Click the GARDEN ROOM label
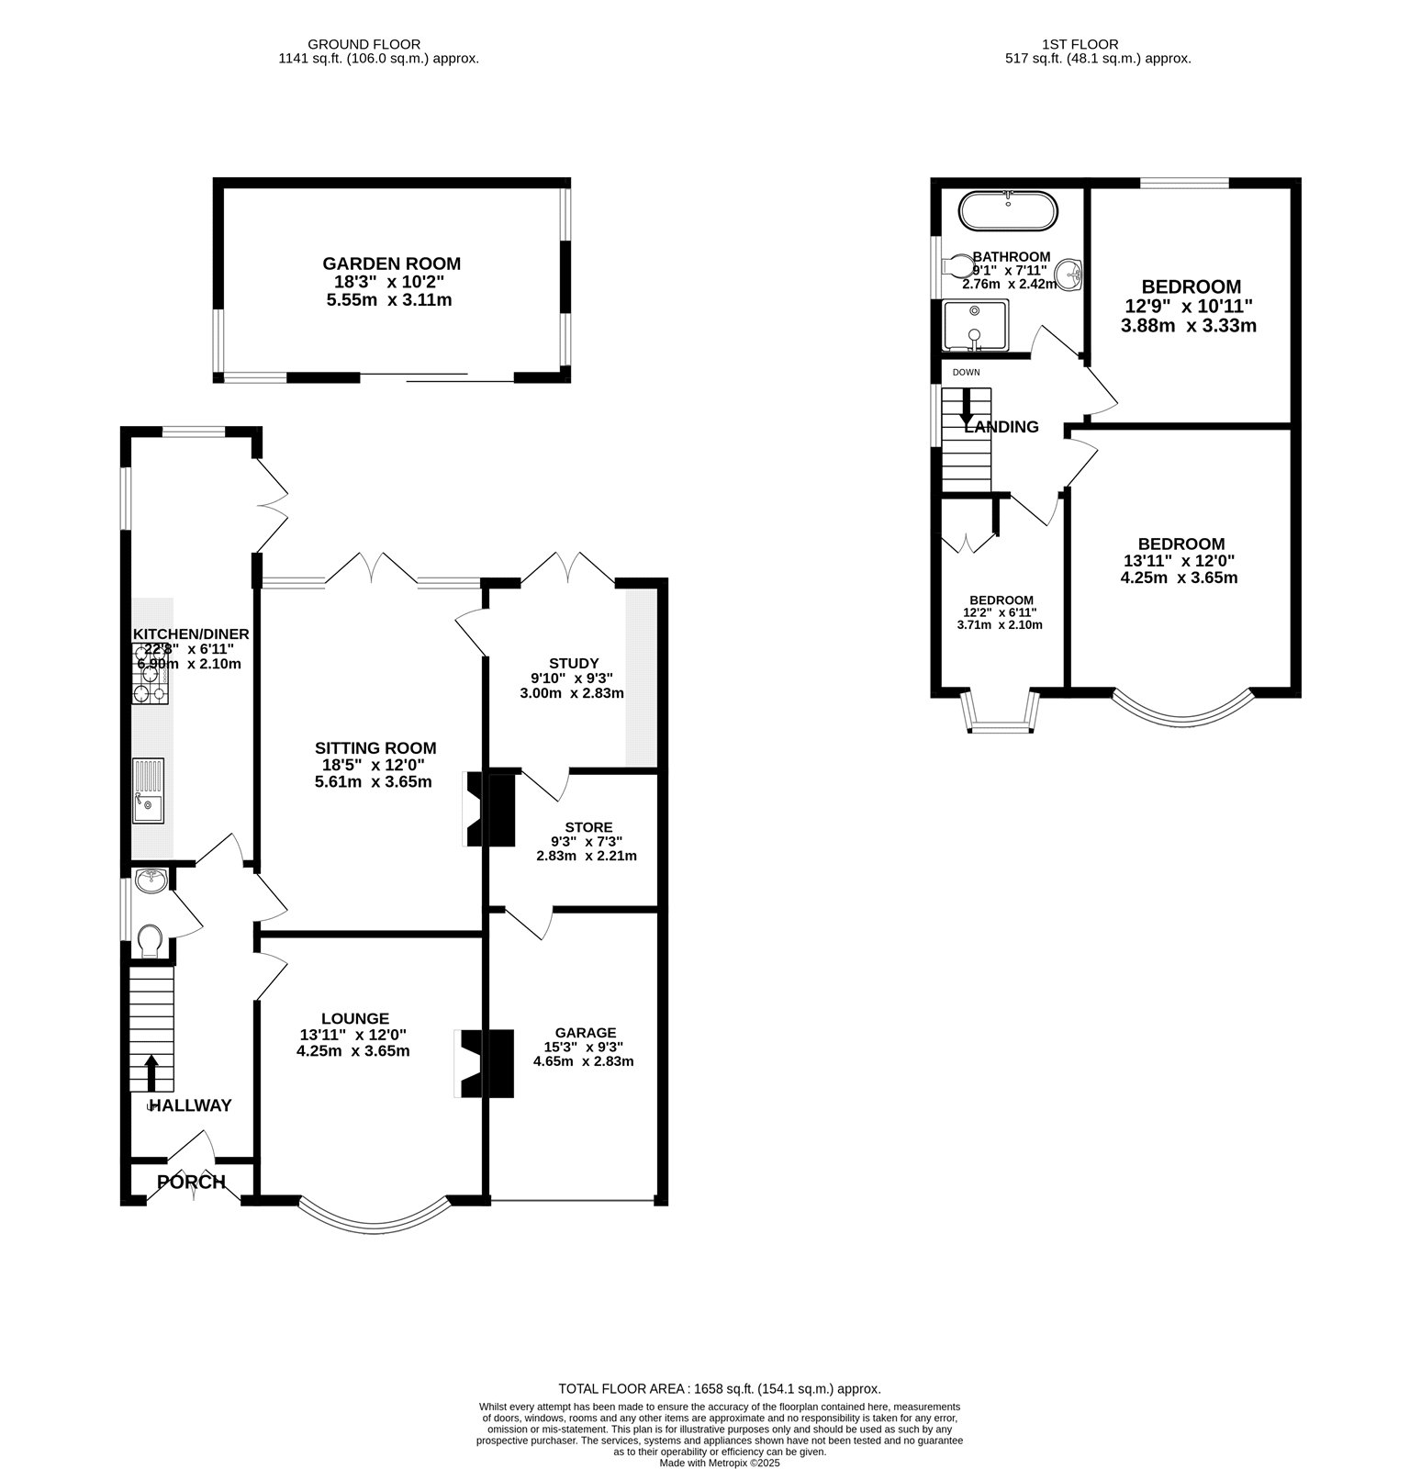click(x=391, y=264)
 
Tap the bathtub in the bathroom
click(x=1008, y=210)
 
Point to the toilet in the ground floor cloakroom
click(x=150, y=940)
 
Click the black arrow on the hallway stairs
click(x=151, y=1071)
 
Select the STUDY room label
click(x=574, y=663)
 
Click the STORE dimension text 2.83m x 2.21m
click(x=587, y=856)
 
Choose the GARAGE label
click(x=586, y=1032)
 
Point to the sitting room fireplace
click(x=488, y=808)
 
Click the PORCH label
click(x=191, y=1182)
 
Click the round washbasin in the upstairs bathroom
click(x=1069, y=273)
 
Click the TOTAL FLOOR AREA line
click(x=719, y=1389)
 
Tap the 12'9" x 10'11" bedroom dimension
click(x=1189, y=306)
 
